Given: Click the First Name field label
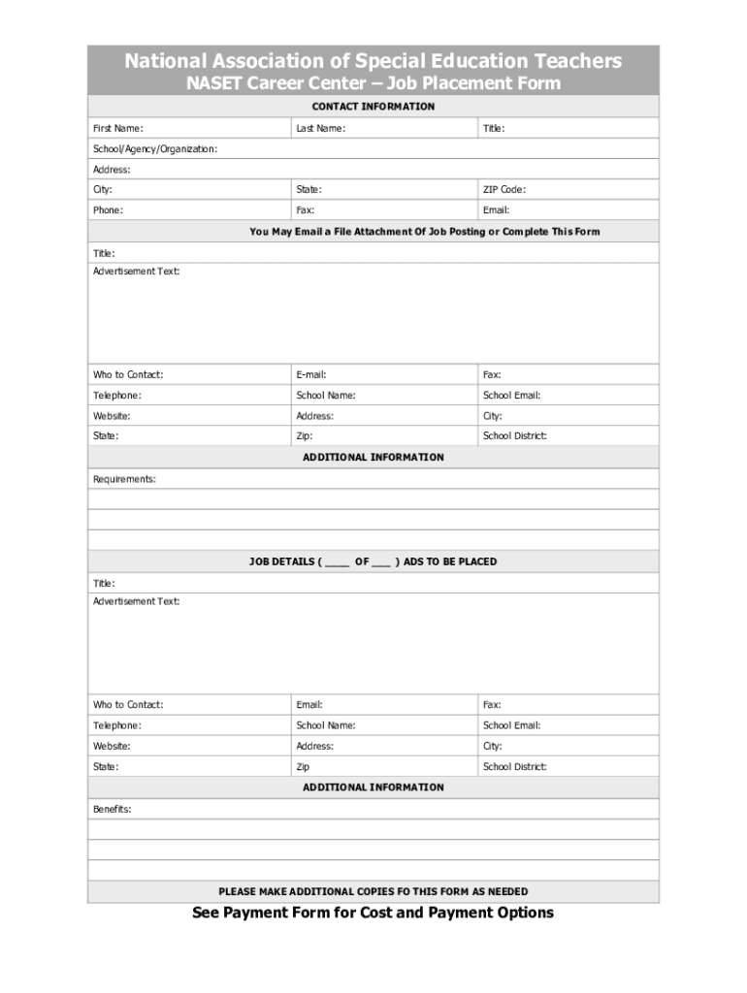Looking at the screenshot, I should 118,128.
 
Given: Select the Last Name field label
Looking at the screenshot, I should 320,128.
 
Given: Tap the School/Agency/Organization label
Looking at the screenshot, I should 154,149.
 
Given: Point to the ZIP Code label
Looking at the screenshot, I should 504,190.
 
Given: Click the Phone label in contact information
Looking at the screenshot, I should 108,210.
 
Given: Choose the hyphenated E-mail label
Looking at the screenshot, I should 310,374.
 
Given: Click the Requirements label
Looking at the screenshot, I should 124,479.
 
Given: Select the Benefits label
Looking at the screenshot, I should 112,809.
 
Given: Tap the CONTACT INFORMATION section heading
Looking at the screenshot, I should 373,107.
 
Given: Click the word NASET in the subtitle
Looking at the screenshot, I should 212,83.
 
